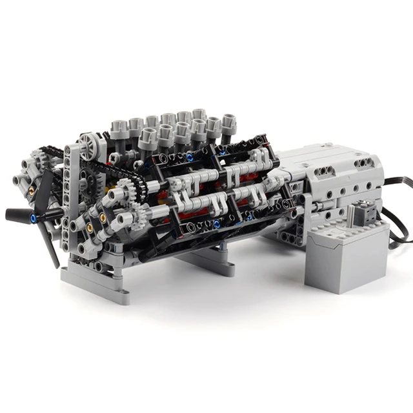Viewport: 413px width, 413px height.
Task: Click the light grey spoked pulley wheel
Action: pos(91,147)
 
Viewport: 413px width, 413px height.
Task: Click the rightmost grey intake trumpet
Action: pos(229,125)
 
